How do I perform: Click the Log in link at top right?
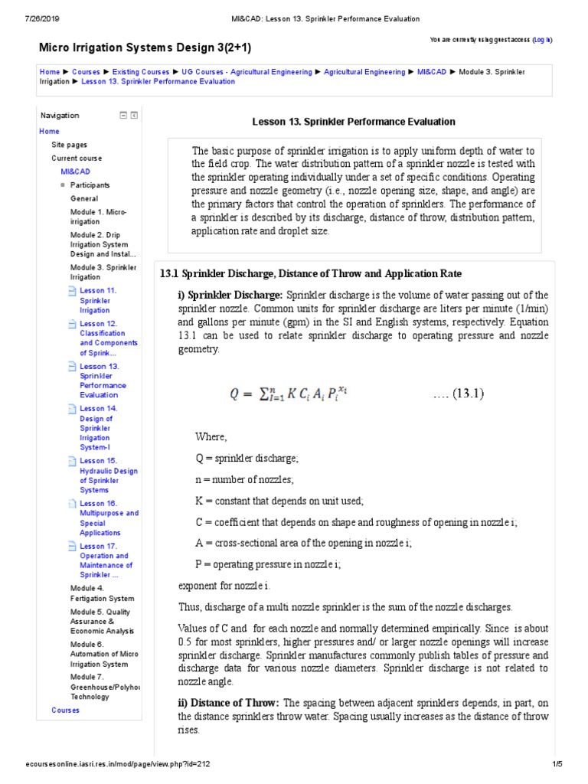tap(542, 39)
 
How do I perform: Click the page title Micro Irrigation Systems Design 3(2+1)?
tap(145, 48)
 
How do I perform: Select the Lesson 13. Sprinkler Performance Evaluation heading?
tap(354, 122)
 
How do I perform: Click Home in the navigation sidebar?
tap(49, 132)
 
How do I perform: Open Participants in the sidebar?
tap(90, 185)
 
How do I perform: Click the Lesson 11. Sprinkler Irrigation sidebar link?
tap(98, 300)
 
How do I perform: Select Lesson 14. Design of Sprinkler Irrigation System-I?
tap(98, 433)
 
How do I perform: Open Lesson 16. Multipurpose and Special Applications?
tap(109, 518)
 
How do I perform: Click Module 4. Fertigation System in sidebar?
tap(102, 593)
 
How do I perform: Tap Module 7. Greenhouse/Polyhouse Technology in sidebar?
tap(106, 687)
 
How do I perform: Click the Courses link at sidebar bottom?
tap(65, 710)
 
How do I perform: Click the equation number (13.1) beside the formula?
tap(458, 394)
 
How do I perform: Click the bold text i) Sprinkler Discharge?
tap(230, 296)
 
